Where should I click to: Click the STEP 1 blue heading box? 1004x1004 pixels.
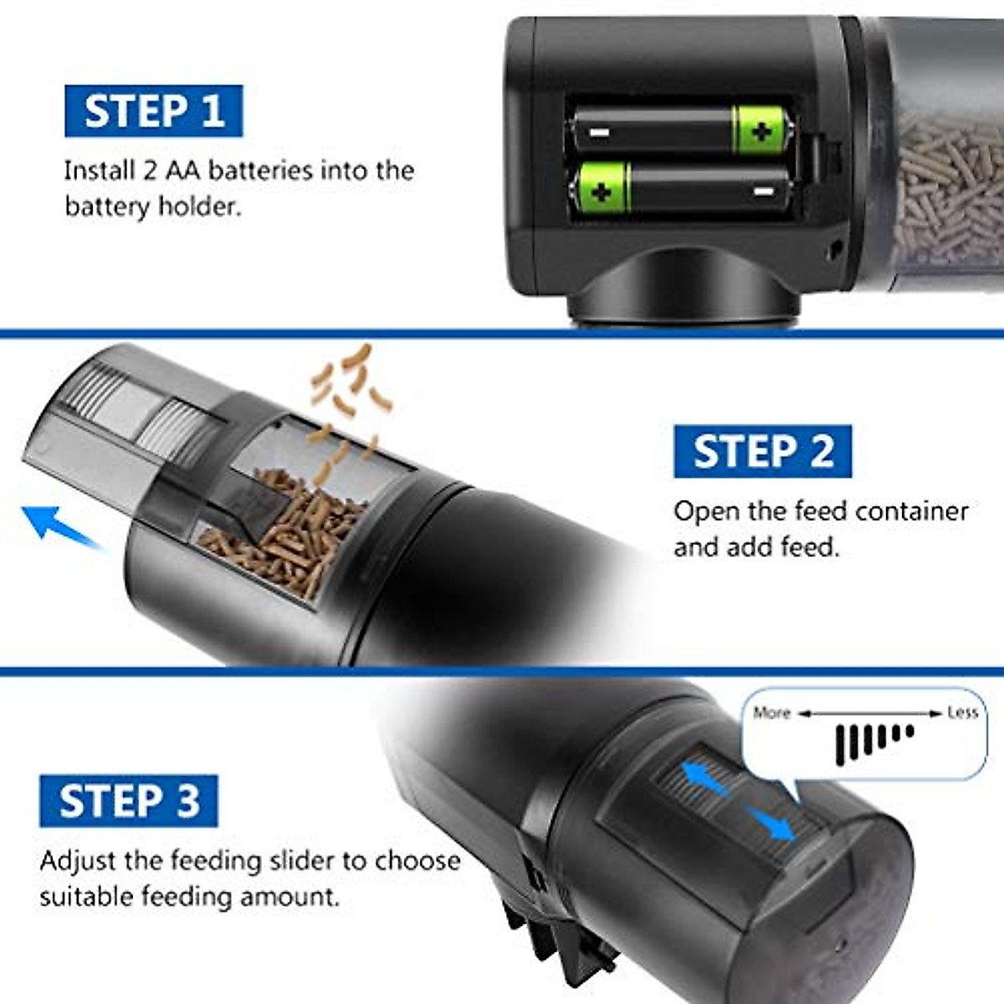pyautogui.click(x=154, y=110)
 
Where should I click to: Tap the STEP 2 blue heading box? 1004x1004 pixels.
pyautogui.click(x=762, y=451)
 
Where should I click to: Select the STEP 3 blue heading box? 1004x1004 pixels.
pyautogui.click(x=129, y=801)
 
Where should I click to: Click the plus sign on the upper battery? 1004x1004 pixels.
pyautogui.click(x=761, y=131)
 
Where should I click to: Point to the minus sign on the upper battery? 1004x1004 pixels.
pyautogui.click(x=600, y=132)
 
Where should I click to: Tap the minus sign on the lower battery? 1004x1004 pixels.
pyautogui.click(x=762, y=192)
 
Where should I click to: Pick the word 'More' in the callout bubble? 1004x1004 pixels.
pyautogui.click(x=771, y=713)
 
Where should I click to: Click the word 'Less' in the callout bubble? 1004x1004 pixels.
pyautogui.click(x=962, y=713)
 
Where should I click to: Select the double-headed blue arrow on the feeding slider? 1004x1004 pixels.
pyautogui.click(x=736, y=799)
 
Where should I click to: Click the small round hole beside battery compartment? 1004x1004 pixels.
pyautogui.click(x=833, y=248)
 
